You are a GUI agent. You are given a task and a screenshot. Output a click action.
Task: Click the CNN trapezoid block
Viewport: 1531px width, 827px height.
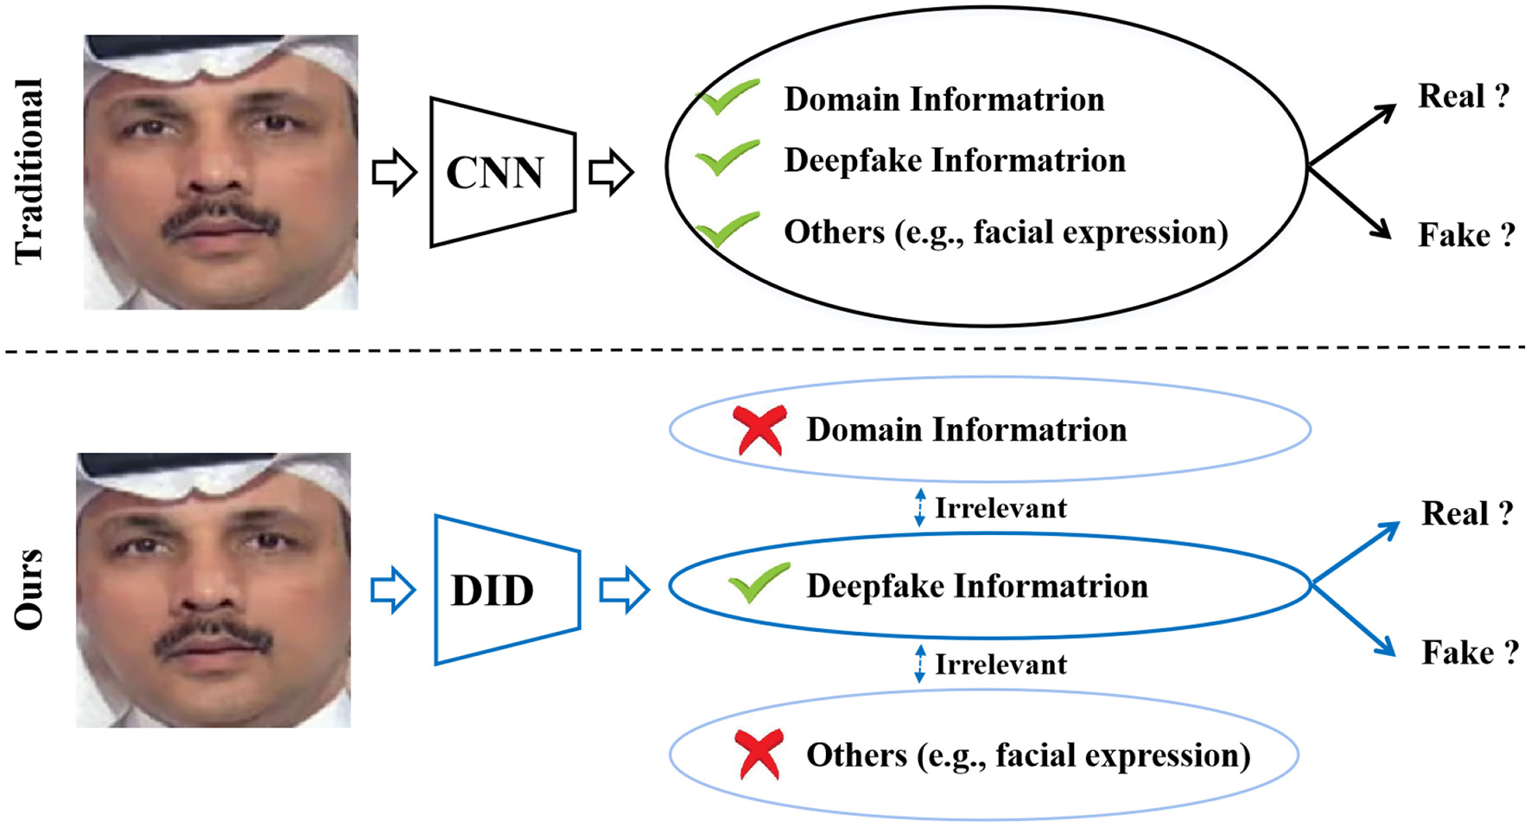pyautogui.click(x=502, y=173)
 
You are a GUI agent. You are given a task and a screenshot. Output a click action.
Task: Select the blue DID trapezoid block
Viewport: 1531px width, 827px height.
pyautogui.click(x=506, y=590)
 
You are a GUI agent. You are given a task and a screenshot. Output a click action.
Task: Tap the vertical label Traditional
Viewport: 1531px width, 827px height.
pyautogui.click(x=29, y=171)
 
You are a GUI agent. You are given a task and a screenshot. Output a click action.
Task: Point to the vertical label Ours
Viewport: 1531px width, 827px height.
pyautogui.click(x=29, y=589)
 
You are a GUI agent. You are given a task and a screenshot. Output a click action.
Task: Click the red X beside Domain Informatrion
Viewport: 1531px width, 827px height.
pyautogui.click(x=759, y=429)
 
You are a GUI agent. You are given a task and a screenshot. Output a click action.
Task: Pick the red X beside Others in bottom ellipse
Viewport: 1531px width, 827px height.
pyautogui.click(x=759, y=754)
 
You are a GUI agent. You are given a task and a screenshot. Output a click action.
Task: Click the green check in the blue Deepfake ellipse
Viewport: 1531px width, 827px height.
pyautogui.click(x=758, y=582)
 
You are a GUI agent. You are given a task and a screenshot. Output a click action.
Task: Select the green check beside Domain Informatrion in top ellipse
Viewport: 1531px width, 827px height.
pyautogui.click(x=727, y=97)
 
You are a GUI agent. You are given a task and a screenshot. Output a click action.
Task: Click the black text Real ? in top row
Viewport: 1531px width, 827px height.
pyautogui.click(x=1463, y=96)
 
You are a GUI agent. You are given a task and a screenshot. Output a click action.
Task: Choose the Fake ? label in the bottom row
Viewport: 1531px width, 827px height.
pyautogui.click(x=1469, y=652)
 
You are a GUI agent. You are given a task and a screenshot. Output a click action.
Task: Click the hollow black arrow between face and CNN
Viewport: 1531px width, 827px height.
pyautogui.click(x=394, y=172)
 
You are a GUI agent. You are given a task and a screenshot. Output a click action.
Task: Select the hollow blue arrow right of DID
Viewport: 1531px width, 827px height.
pyautogui.click(x=624, y=590)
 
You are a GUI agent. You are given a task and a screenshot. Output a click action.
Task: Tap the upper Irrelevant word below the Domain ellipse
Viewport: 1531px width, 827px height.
pyautogui.click(x=1001, y=508)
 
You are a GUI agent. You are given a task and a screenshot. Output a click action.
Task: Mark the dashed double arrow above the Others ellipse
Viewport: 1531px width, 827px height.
pyautogui.click(x=920, y=664)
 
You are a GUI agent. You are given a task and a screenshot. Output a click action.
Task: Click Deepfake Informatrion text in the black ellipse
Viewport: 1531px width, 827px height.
pyautogui.click(x=954, y=161)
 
